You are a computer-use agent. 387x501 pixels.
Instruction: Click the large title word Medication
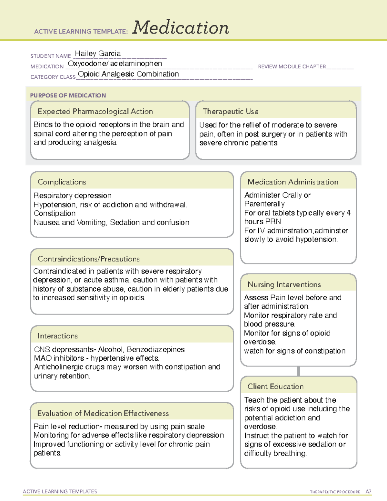(181, 28)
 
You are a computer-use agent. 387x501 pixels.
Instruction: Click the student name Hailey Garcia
(98, 54)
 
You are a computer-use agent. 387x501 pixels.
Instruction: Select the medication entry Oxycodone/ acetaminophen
(115, 64)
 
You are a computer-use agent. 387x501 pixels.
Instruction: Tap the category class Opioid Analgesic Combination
(128, 74)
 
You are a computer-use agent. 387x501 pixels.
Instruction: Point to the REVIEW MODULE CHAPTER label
(292, 67)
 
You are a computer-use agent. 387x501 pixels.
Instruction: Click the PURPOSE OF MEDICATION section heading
(68, 95)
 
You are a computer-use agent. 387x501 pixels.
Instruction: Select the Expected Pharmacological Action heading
(95, 112)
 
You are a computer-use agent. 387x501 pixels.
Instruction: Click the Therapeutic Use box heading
(231, 112)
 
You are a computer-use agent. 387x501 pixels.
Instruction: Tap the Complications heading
(62, 182)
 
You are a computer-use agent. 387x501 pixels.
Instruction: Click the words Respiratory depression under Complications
(73, 196)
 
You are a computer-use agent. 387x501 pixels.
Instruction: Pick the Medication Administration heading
(293, 182)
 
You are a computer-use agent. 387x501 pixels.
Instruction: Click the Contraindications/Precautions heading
(89, 259)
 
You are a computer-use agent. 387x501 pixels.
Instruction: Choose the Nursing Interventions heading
(284, 285)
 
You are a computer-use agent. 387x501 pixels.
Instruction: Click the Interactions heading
(58, 336)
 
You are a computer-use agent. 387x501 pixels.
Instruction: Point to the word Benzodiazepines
(156, 350)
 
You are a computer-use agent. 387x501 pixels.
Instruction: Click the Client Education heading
(276, 386)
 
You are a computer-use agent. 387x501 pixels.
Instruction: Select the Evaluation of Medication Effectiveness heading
(103, 414)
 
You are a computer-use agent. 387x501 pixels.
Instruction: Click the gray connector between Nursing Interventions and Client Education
(298, 371)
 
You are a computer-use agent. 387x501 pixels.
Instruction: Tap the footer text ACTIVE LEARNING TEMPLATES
(60, 492)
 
